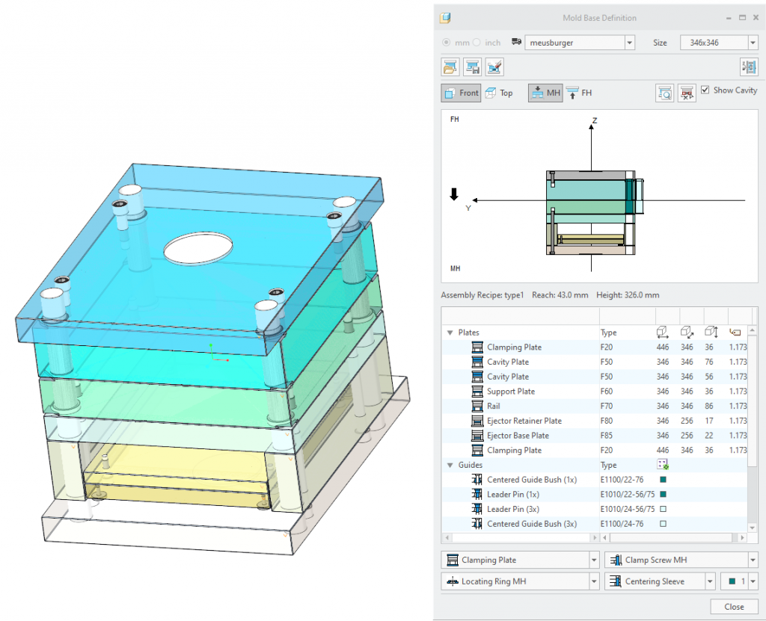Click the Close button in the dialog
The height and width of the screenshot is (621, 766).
(x=733, y=606)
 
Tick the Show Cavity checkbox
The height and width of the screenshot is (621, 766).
(x=705, y=90)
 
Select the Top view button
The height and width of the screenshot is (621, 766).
(x=499, y=93)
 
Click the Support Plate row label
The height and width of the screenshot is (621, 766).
(x=510, y=392)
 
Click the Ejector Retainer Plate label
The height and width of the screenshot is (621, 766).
(x=524, y=421)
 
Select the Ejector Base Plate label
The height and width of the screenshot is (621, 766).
(x=518, y=436)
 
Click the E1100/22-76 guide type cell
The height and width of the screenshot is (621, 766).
(x=622, y=480)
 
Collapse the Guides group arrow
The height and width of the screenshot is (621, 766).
(x=450, y=465)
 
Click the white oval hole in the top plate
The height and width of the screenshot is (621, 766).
(x=198, y=248)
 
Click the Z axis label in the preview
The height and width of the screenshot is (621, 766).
(x=595, y=120)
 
